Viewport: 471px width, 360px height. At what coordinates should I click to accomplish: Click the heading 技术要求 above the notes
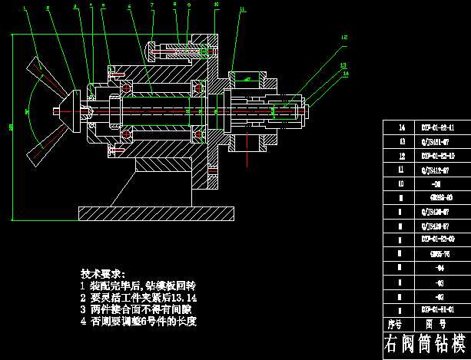(107, 273)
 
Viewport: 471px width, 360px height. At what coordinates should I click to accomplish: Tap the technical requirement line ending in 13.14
(139, 297)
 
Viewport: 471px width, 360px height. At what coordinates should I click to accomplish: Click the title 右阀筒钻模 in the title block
(426, 343)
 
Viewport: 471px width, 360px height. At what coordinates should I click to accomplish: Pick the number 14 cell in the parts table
(400, 127)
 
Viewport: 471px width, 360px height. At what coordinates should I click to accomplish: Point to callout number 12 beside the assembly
(343, 37)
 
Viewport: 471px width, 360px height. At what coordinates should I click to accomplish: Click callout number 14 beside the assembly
(346, 74)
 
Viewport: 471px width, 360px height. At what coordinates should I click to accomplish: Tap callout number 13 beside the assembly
(343, 65)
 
